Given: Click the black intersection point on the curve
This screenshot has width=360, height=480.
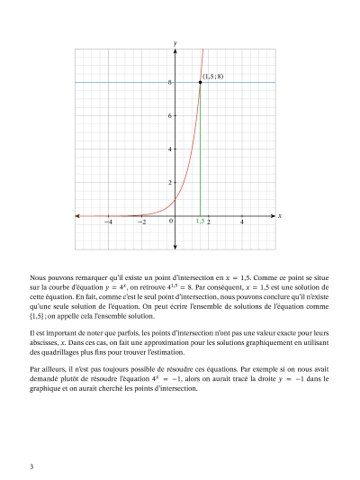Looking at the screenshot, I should point(200,82).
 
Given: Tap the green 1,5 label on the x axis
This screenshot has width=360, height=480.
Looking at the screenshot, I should point(200,221).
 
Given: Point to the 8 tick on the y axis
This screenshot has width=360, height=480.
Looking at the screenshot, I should point(170,83).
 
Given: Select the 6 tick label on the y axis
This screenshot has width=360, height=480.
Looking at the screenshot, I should point(170,116).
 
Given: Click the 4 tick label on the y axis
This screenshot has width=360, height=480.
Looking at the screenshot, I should point(170,149).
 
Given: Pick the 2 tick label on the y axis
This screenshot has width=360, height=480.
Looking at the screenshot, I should point(170,183).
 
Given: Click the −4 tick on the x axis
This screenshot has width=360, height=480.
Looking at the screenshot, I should point(108,222).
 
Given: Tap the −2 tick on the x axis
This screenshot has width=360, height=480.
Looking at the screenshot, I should point(141,222).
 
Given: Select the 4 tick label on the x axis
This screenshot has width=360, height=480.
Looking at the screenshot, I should point(241,222).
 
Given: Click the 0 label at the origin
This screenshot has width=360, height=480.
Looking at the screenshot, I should point(170,222).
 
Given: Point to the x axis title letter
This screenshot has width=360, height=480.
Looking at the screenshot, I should point(280,216).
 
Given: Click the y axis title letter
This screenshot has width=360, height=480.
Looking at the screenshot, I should point(175,43).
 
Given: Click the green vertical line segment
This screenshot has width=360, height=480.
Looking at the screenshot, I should point(200,153).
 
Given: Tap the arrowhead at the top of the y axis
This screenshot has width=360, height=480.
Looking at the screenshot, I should point(175,51).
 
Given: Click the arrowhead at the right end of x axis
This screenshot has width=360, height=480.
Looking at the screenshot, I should point(273,216).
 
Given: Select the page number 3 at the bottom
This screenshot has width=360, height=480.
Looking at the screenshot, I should point(31,466).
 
